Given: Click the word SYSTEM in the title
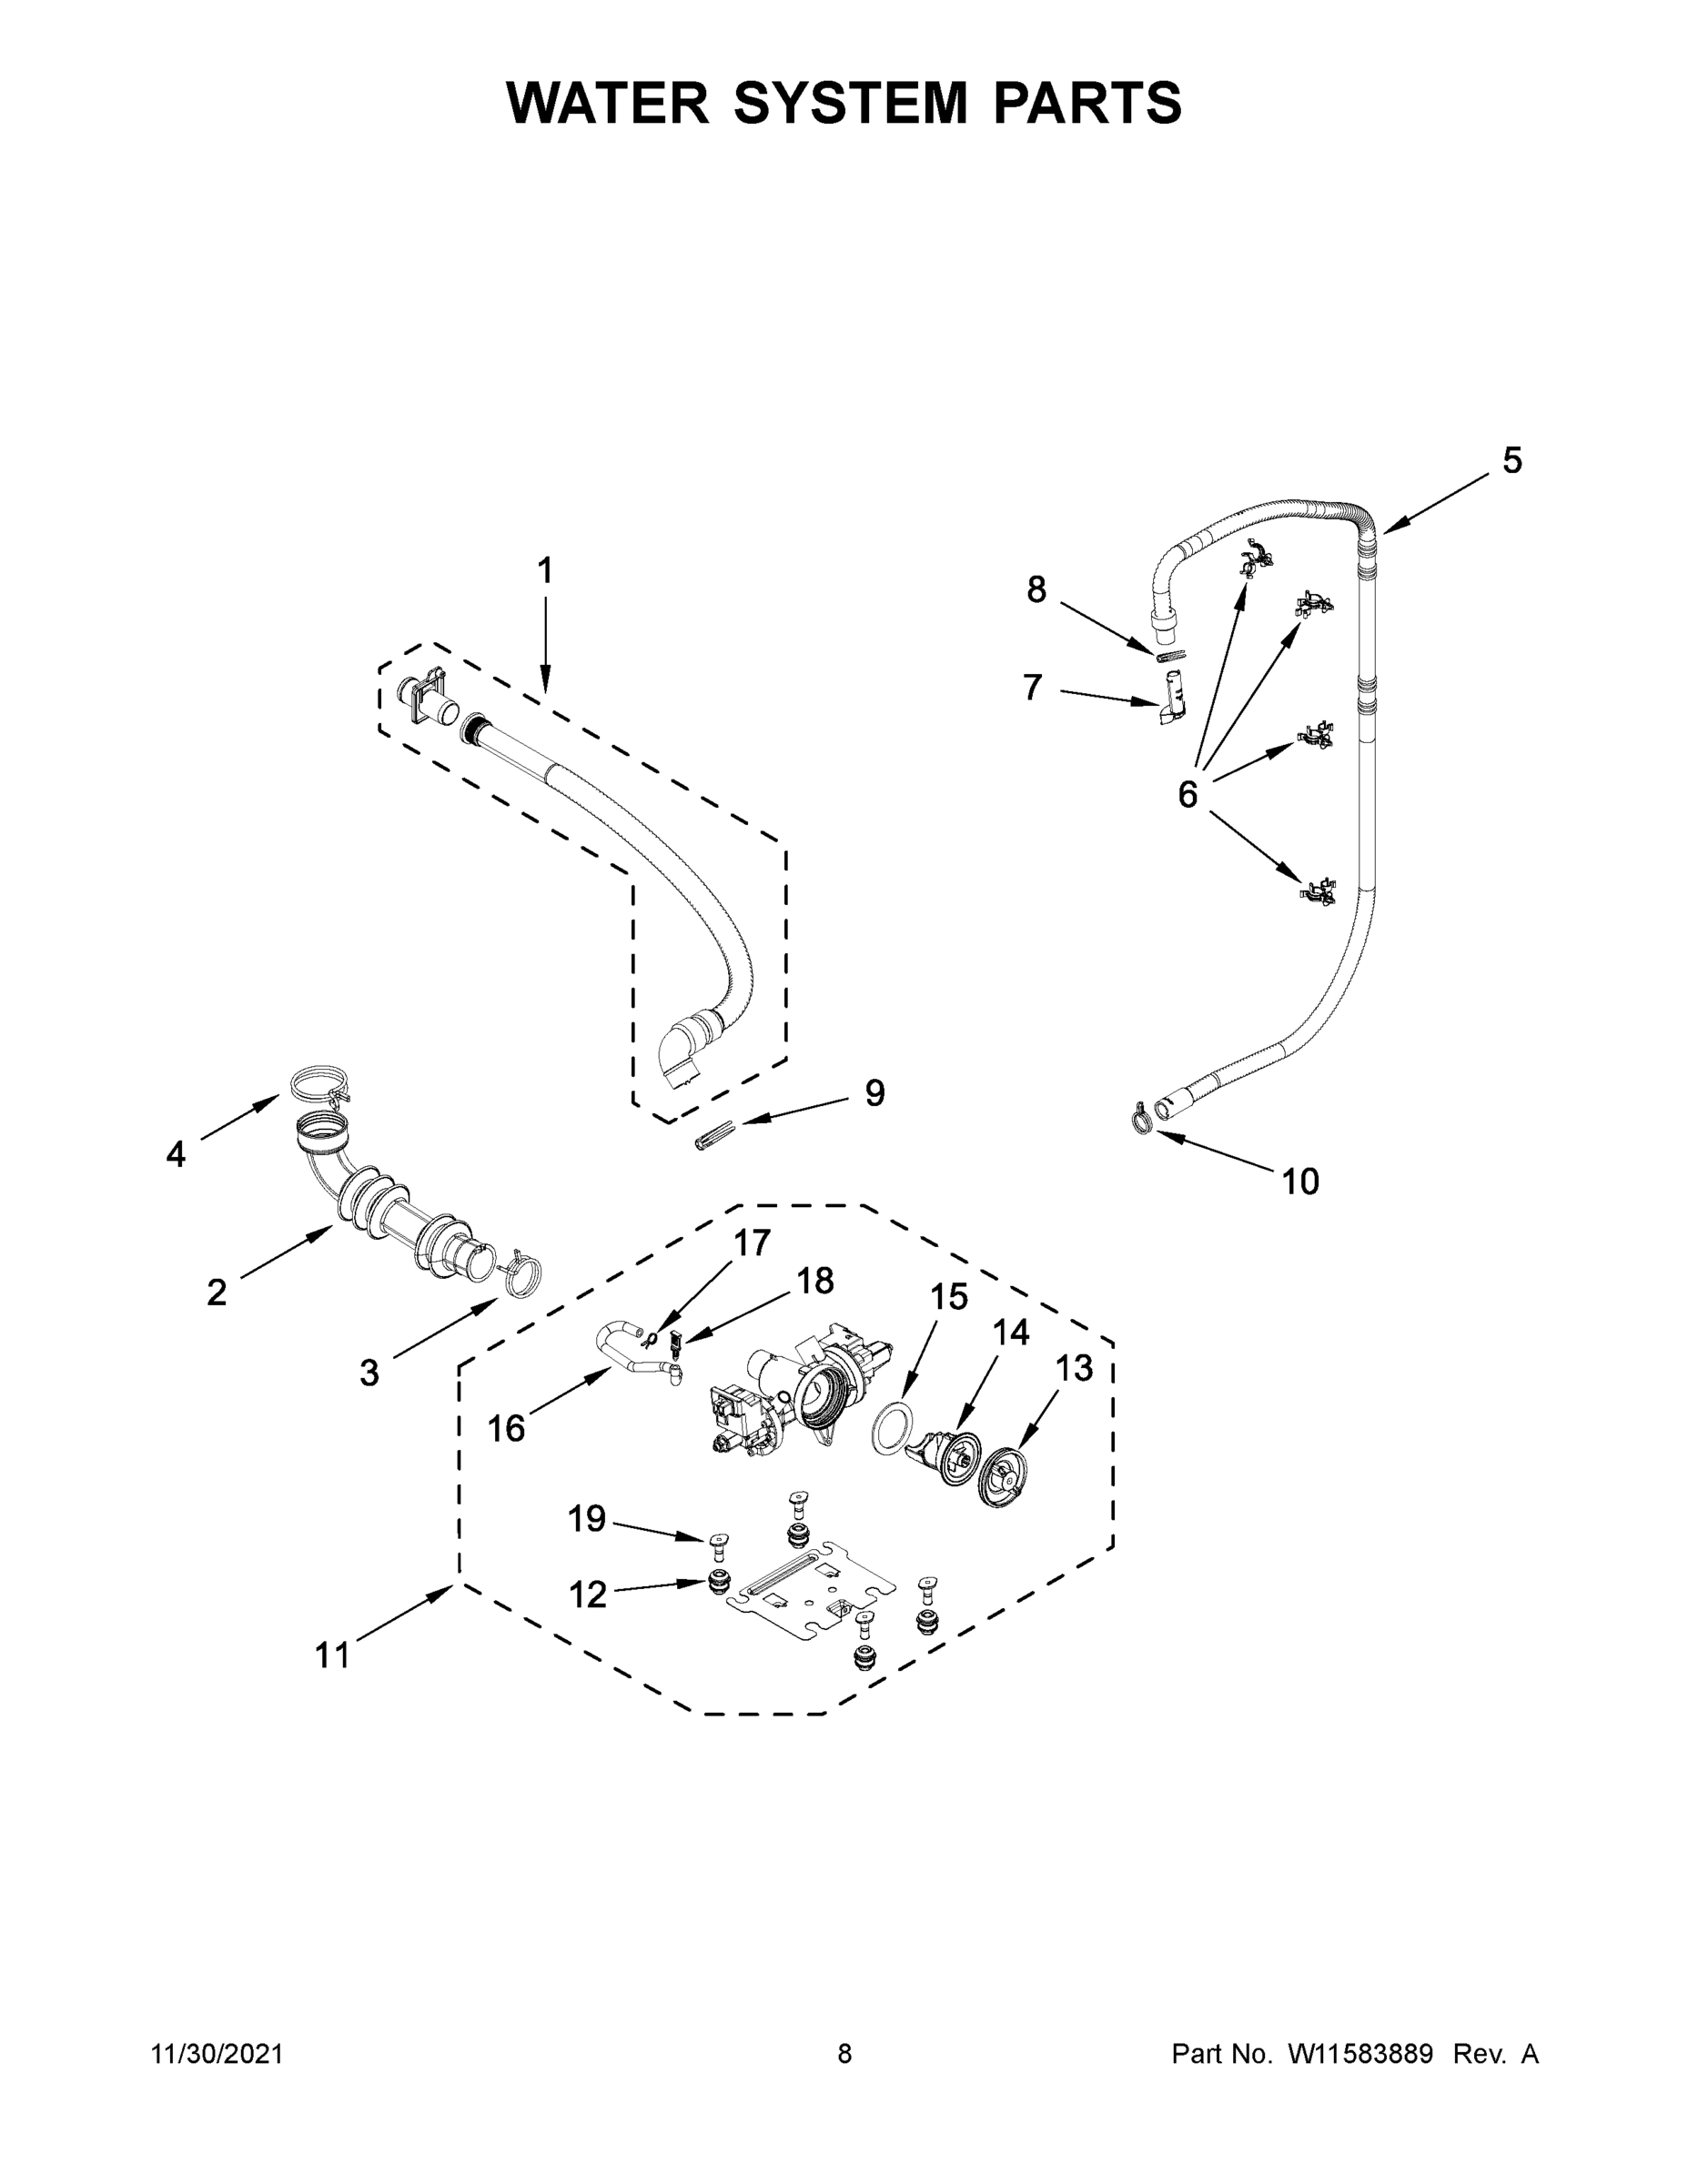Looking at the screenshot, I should [x=851, y=103].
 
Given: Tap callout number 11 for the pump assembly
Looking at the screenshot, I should [x=332, y=1655].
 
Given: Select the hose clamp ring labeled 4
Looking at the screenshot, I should [x=312, y=1084].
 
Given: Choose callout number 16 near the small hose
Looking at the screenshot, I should [x=506, y=1428].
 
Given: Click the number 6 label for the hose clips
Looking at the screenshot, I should [x=1187, y=795].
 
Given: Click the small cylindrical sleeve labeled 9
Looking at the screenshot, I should [x=713, y=1138].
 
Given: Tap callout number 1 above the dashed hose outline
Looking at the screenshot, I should [x=545, y=570].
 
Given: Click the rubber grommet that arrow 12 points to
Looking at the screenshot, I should [x=717, y=1581].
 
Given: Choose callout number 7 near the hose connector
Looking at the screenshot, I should [x=1033, y=688].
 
